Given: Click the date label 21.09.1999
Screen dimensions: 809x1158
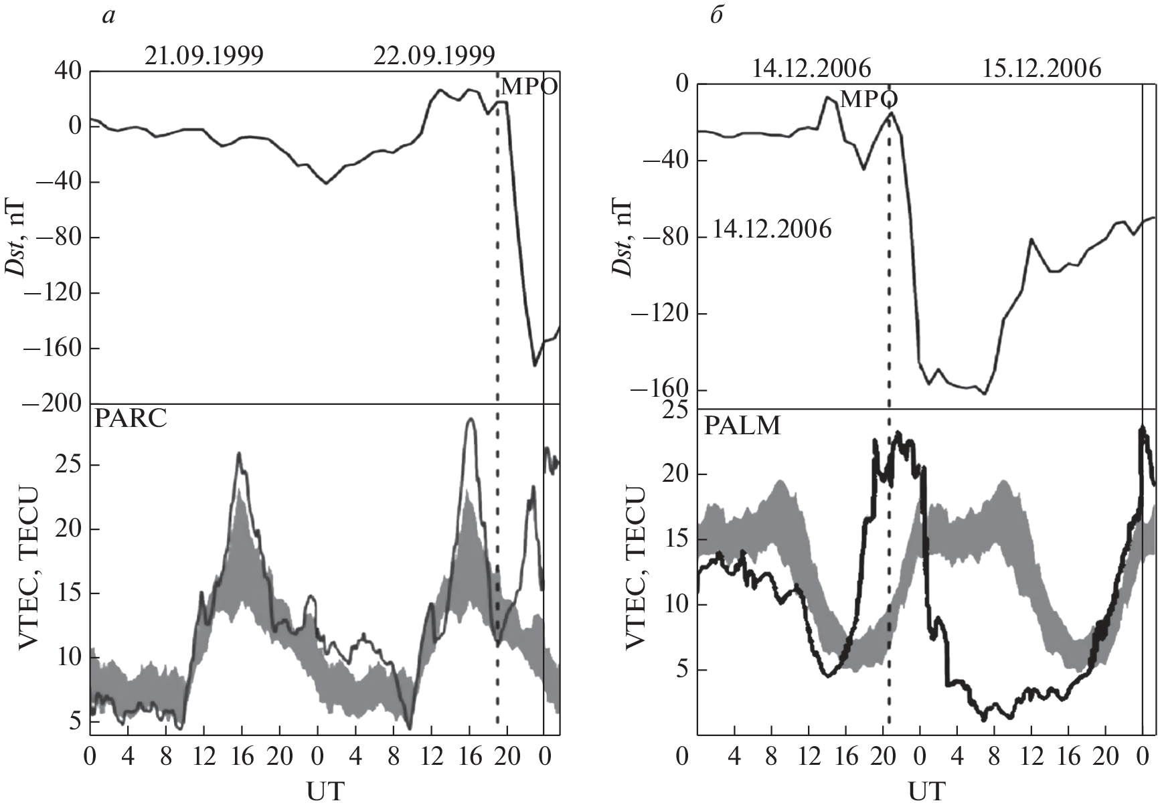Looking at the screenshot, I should (x=203, y=56).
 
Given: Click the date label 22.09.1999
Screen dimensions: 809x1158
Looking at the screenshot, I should (x=434, y=56).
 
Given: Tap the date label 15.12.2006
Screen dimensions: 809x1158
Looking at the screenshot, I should (x=1041, y=69).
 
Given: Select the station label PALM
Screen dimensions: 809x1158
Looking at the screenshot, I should (x=742, y=426).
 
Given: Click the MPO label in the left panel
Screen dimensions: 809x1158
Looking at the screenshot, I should (x=529, y=87).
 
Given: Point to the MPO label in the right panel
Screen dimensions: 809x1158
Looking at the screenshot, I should (x=868, y=100).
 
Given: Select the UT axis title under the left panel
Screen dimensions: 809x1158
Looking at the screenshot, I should (x=325, y=791).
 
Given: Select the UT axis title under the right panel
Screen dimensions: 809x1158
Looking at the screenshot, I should (x=927, y=791).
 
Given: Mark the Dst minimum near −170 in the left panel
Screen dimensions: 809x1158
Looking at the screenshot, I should (x=534, y=365).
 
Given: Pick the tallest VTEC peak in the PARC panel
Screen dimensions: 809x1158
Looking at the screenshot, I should (x=471, y=420).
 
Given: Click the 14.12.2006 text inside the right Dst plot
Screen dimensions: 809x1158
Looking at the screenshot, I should (x=771, y=230).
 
